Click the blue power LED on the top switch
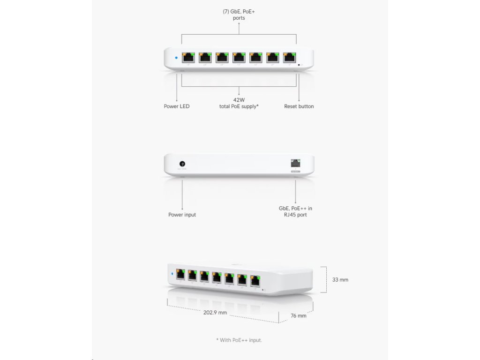click(176, 58)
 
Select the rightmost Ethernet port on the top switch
click(289, 58)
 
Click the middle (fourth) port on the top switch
click(239, 58)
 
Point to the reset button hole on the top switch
click(299, 65)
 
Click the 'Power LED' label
click(177, 106)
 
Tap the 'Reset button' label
click(299, 106)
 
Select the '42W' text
click(239, 100)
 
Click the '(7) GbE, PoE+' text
click(239, 11)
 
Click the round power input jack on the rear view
click(182, 164)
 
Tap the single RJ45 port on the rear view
click(295, 164)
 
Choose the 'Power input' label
click(182, 215)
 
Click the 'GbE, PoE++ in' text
click(295, 208)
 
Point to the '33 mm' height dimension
click(340, 280)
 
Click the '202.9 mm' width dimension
click(215, 313)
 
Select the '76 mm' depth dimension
click(299, 316)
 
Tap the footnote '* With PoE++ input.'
click(239, 340)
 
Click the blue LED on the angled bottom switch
click(172, 274)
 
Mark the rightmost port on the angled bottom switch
click(255, 281)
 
